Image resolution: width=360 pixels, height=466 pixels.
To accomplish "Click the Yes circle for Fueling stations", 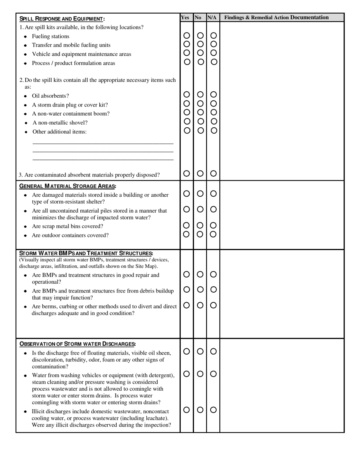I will tap(187, 35).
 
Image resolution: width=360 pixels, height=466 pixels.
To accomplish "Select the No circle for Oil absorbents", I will tap(200, 94).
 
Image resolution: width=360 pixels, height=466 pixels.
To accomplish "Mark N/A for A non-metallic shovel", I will tap(214, 121).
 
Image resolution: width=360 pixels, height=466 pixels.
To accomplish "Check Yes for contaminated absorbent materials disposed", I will tap(187, 174).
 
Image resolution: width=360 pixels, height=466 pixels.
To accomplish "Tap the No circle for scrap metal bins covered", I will tap(200, 225).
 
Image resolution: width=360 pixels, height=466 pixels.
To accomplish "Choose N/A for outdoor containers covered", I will tap(213, 234).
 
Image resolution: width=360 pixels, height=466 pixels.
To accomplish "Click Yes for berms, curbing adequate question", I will tap(186, 305).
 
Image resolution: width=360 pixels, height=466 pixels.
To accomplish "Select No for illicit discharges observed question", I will tap(200, 410).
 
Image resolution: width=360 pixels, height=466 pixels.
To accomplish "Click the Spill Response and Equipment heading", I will tap(62, 19).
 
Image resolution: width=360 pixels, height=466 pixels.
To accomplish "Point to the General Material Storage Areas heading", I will tap(68, 186).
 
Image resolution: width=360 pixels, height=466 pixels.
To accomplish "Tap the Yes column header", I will tap(185, 17).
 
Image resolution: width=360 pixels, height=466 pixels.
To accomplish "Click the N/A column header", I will tap(212, 17).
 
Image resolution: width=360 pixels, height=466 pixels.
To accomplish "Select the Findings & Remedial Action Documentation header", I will tap(276, 17).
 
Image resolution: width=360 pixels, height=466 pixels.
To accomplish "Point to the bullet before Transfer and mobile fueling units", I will tap(25, 45).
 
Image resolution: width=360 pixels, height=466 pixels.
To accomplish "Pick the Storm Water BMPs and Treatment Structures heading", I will tap(86, 253).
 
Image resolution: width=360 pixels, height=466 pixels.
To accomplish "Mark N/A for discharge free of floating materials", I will tap(213, 351).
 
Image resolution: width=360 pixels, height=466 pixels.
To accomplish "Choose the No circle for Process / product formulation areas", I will tap(201, 62).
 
